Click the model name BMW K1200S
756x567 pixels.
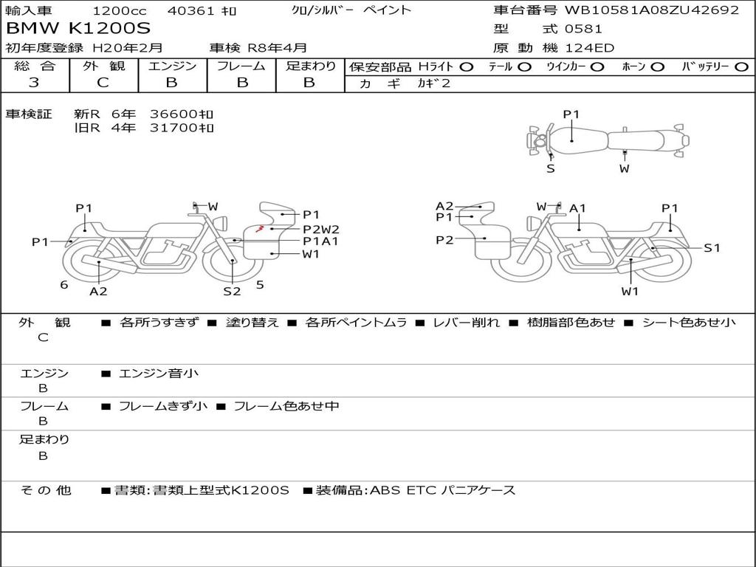click(x=78, y=29)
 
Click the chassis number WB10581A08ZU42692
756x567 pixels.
click(x=652, y=10)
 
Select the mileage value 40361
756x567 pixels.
click(x=190, y=10)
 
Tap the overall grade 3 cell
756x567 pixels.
click(x=34, y=83)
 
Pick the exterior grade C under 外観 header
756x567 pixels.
click(x=103, y=83)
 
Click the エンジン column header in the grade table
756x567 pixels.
click(x=172, y=66)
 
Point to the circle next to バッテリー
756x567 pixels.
click(x=741, y=67)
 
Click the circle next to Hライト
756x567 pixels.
click(x=467, y=67)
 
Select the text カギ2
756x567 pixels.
click(x=434, y=83)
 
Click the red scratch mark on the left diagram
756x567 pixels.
click(x=259, y=227)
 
